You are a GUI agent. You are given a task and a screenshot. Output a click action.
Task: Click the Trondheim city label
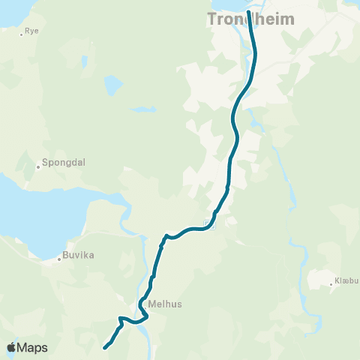pyautogui.click(x=250, y=20)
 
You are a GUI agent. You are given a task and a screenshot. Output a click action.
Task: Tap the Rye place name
pyautogui.click(x=31, y=31)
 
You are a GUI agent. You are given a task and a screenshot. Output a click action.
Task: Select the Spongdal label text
pyautogui.click(x=58, y=161)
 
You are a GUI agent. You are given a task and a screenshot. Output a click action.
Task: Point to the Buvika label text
pyautogui.click(x=77, y=256)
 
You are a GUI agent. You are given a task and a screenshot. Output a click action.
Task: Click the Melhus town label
pyautogui.click(x=165, y=304)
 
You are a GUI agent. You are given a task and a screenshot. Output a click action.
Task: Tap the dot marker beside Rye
pyautogui.click(x=22, y=34)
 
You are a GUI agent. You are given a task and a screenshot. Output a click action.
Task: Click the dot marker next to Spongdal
pyautogui.click(x=38, y=166)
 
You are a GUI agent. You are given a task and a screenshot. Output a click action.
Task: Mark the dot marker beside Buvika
pyautogui.click(x=60, y=260)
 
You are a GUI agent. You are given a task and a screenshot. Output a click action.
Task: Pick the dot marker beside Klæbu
pyautogui.click(x=331, y=283)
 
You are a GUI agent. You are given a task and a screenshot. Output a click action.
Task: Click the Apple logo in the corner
pyautogui.click(x=11, y=347)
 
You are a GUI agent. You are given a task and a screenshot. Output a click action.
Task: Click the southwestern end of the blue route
pyautogui.click(x=104, y=347)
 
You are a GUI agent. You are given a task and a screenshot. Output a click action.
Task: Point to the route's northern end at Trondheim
pyautogui.click(x=248, y=12)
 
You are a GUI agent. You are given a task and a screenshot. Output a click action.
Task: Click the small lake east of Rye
pyautogui.click(x=112, y=84)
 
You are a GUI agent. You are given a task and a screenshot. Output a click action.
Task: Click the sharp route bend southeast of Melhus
pyautogui.click(x=146, y=316)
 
